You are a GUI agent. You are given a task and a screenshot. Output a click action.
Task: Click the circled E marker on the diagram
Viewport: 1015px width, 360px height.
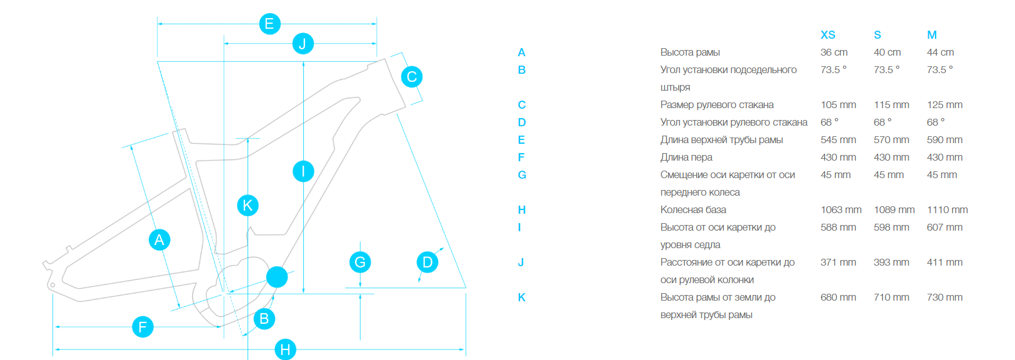click(269, 24)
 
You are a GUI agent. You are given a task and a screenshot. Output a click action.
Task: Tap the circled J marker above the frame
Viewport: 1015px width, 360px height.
click(302, 44)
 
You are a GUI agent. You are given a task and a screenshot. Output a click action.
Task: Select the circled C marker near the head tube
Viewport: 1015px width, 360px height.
click(411, 77)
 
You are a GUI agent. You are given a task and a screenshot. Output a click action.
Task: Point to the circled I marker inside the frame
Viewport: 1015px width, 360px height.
click(303, 171)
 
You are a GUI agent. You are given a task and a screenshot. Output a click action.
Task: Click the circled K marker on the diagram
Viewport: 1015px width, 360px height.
click(247, 205)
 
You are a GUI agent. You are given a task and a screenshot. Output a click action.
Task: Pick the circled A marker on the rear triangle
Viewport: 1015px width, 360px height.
click(159, 239)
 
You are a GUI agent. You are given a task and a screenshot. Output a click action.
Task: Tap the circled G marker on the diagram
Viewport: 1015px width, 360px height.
click(360, 262)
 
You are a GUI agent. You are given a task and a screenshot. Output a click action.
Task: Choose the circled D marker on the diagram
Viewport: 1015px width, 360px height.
click(427, 262)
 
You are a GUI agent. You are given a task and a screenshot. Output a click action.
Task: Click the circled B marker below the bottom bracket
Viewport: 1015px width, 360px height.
click(264, 319)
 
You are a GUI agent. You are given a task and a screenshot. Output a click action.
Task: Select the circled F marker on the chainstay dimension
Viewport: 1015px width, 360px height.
click(142, 326)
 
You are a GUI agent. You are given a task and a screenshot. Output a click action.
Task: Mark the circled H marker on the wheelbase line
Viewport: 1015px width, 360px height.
click(285, 349)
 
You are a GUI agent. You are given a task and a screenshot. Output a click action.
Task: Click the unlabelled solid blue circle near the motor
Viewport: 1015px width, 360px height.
click(277, 277)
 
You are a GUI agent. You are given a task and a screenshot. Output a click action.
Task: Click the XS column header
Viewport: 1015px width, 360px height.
click(827, 35)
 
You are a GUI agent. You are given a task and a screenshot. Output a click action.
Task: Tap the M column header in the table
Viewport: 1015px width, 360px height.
click(932, 35)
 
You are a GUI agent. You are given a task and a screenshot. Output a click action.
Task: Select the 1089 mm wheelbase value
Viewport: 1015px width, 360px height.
click(894, 210)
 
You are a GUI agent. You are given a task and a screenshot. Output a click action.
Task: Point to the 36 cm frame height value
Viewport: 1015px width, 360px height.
click(834, 52)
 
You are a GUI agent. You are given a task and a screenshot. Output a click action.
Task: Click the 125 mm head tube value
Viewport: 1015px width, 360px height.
click(944, 105)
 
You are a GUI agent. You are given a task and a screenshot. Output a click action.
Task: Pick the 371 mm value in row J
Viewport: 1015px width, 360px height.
click(838, 262)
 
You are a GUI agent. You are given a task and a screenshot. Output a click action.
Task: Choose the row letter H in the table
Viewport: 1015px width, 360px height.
click(522, 210)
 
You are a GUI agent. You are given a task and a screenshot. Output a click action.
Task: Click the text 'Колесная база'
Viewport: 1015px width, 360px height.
click(693, 210)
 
